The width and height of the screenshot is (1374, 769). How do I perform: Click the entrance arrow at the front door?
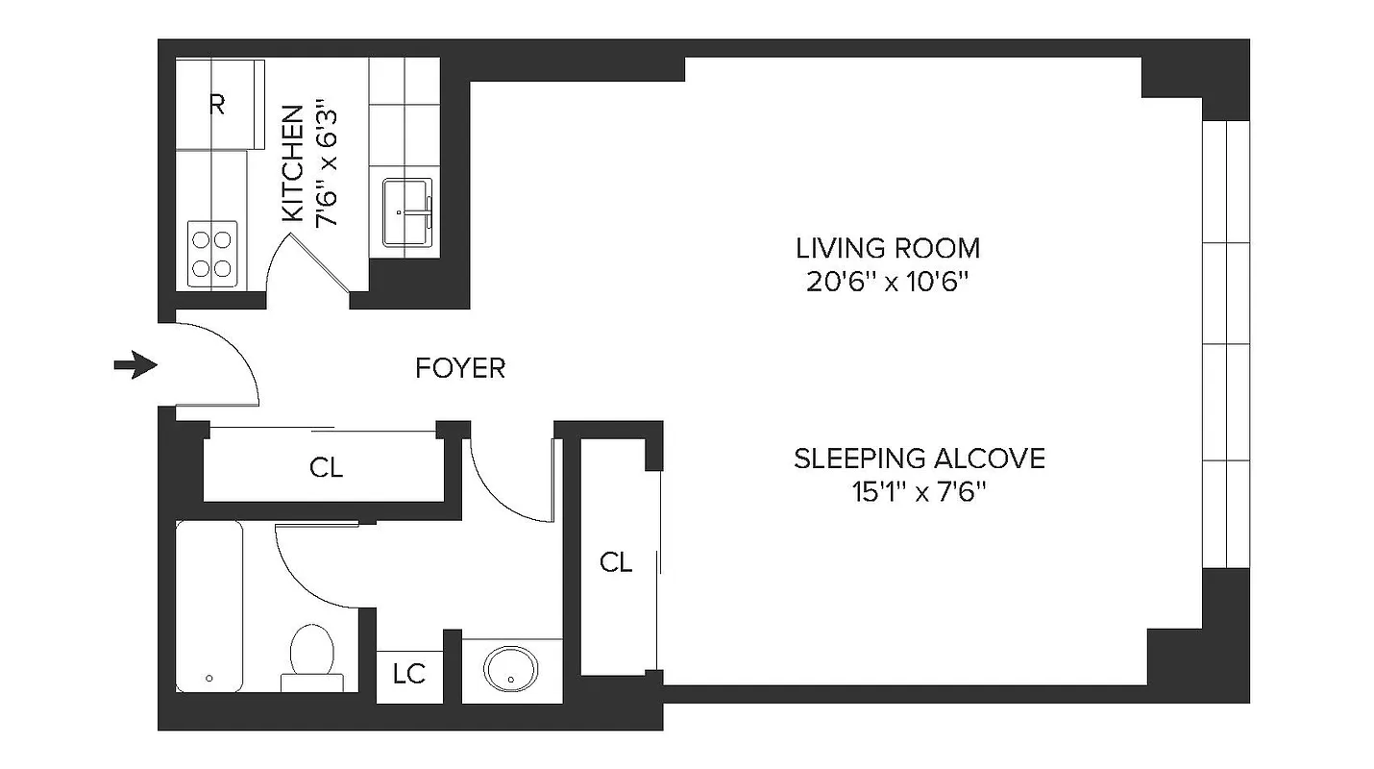(x=135, y=365)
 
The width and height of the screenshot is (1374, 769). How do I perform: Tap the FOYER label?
(x=460, y=368)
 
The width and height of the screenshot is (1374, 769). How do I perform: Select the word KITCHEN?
(x=293, y=164)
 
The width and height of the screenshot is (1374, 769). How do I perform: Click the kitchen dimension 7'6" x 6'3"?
(x=329, y=164)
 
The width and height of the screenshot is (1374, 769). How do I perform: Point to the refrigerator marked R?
(x=219, y=105)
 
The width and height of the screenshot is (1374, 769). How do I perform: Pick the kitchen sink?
(x=407, y=211)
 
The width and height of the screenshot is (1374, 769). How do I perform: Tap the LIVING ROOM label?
(x=888, y=248)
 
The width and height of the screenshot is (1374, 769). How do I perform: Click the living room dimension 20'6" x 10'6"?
(x=888, y=283)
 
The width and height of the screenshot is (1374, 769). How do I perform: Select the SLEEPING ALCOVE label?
(x=919, y=459)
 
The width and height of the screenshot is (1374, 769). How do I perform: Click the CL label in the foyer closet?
(x=326, y=468)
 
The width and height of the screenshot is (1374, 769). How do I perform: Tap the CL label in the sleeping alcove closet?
(x=616, y=563)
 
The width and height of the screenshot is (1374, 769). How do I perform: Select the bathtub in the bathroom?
(x=209, y=606)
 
